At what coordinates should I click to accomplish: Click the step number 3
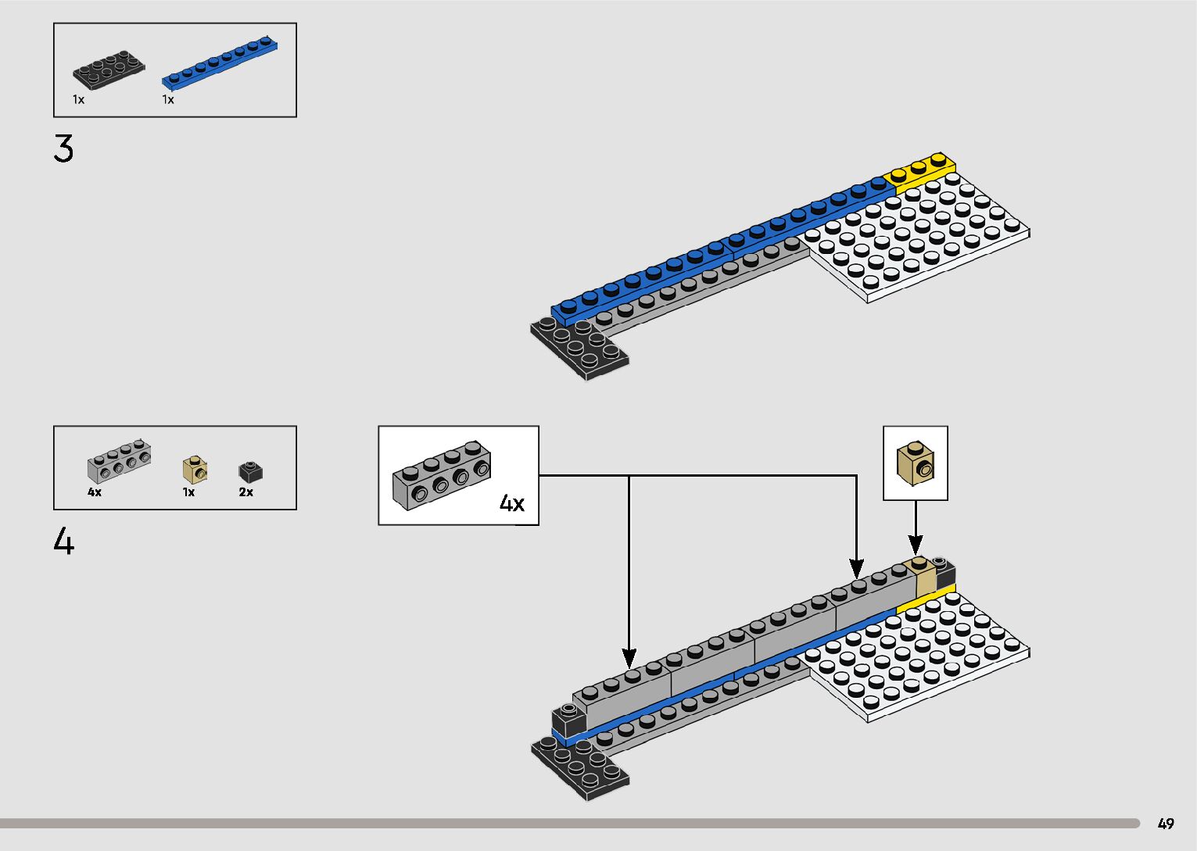pos(64,148)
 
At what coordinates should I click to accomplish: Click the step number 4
pos(64,541)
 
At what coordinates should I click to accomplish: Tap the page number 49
pos(1166,824)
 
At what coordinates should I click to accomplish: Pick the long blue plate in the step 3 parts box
pos(220,60)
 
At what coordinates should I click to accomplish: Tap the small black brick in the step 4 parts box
pos(250,471)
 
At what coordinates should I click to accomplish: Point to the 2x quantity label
pos(246,492)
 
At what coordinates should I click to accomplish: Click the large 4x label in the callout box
pos(512,503)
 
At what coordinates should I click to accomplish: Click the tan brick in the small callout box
pos(916,463)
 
